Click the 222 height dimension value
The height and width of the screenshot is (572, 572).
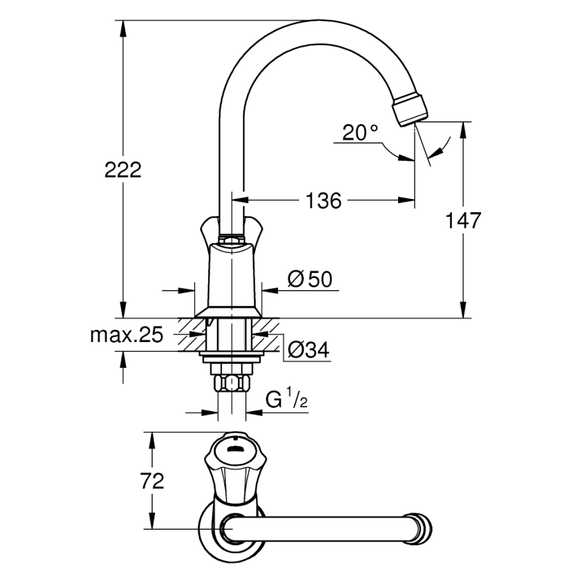pos(123,170)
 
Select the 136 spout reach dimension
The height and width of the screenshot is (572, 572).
pos(324,200)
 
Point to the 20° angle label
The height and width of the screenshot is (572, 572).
pos(360,133)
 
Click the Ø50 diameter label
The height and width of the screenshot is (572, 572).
pos(309,279)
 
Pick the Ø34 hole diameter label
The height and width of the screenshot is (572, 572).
pos(308,350)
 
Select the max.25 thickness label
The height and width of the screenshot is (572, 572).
pos(126,335)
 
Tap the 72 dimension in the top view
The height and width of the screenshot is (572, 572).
pos(152,481)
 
